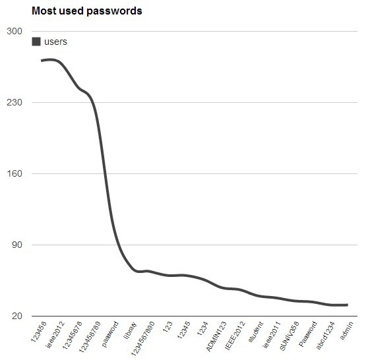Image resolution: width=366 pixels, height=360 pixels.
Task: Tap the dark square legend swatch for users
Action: [x=36, y=42]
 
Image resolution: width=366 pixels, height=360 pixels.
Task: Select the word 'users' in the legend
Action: [x=55, y=42]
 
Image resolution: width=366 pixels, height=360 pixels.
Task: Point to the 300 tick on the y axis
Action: [x=14, y=32]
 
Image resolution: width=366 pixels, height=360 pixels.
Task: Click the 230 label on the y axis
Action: [x=14, y=103]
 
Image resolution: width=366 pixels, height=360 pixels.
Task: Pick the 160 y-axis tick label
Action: [x=14, y=174]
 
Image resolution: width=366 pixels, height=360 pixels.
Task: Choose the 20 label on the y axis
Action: [x=16, y=316]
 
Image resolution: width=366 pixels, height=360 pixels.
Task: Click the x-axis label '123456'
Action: [x=39, y=331]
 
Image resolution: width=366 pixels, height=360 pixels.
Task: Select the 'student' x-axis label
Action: [x=256, y=331]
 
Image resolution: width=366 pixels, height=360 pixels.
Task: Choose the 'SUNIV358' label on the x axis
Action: [x=290, y=334]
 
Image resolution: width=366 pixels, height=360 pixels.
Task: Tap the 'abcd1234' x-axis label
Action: [x=326, y=334]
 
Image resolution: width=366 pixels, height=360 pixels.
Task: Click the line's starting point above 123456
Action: [x=42, y=61]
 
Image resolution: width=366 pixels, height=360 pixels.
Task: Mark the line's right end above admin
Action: [x=348, y=305]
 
